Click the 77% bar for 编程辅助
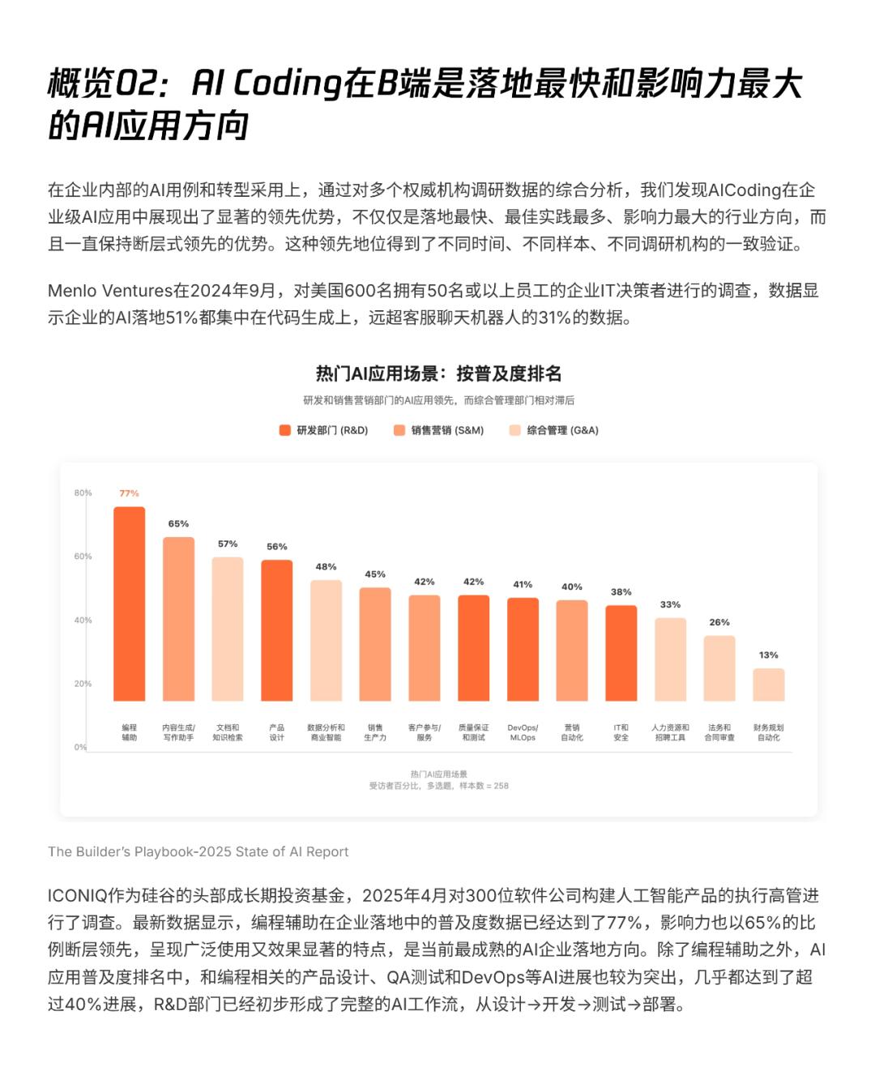(x=129, y=604)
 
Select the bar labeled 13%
(x=768, y=685)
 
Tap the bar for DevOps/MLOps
(x=523, y=649)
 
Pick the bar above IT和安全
(x=621, y=653)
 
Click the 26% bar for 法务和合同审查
(x=719, y=668)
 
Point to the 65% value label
(x=178, y=524)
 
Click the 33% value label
(x=670, y=604)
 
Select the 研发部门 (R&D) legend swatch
(x=285, y=430)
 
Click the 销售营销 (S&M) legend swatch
(x=399, y=430)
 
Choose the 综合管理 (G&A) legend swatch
(x=514, y=430)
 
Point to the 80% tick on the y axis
(x=83, y=493)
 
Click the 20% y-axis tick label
(x=83, y=684)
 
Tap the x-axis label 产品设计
(x=276, y=732)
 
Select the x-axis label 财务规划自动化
(x=768, y=732)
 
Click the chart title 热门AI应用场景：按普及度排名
(x=438, y=373)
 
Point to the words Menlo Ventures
(x=110, y=291)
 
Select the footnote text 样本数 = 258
(x=484, y=786)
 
